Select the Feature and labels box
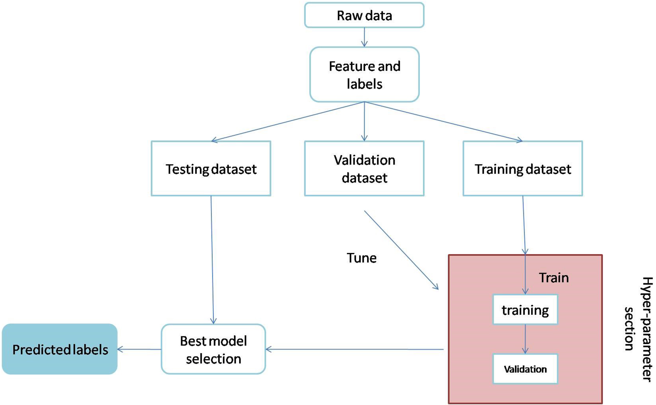tap(364, 74)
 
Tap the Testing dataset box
tap(211, 169)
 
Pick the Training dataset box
tap(523, 169)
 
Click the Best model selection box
tap(213, 349)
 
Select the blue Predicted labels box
tap(60, 349)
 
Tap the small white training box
tap(525, 310)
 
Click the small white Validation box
tap(525, 369)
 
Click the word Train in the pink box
tap(554, 278)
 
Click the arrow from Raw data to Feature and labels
tap(364, 37)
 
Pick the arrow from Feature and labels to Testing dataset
tap(288, 121)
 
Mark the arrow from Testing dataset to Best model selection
tap(212, 260)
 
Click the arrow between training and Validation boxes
tap(525, 339)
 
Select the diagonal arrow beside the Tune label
tap(401, 250)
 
